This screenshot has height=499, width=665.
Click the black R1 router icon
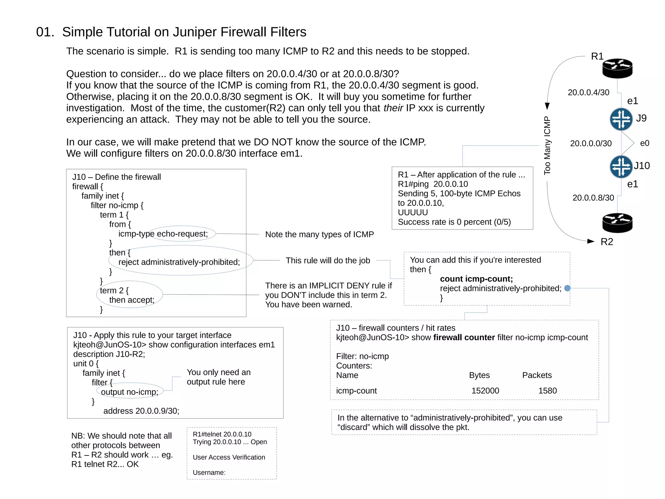[x=617, y=68]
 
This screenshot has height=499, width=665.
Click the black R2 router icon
[x=617, y=223]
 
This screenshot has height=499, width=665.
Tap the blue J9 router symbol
[x=621, y=119]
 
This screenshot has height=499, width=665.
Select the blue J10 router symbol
[x=621, y=167]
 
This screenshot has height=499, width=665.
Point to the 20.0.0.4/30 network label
[x=588, y=93]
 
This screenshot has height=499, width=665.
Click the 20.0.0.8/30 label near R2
[x=593, y=198]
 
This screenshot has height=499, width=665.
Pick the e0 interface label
[x=645, y=143]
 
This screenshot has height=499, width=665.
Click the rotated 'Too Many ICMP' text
[x=547, y=146]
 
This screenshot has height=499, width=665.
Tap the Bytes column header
[x=479, y=375]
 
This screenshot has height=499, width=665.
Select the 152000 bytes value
[x=485, y=391]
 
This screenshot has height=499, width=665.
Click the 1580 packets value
[x=547, y=391]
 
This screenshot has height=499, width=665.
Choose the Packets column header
[x=537, y=375]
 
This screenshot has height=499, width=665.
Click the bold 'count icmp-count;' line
[x=476, y=279]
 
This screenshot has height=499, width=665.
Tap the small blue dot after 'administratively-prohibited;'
[x=567, y=288]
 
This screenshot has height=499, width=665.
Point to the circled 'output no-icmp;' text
[x=130, y=392]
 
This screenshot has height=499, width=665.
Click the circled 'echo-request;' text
[x=182, y=234]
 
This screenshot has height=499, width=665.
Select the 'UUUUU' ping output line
[x=413, y=212]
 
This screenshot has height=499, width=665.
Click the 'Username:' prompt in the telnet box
[x=209, y=473]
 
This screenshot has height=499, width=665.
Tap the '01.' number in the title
[x=45, y=32]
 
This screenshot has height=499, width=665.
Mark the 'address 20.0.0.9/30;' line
[x=141, y=411]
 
